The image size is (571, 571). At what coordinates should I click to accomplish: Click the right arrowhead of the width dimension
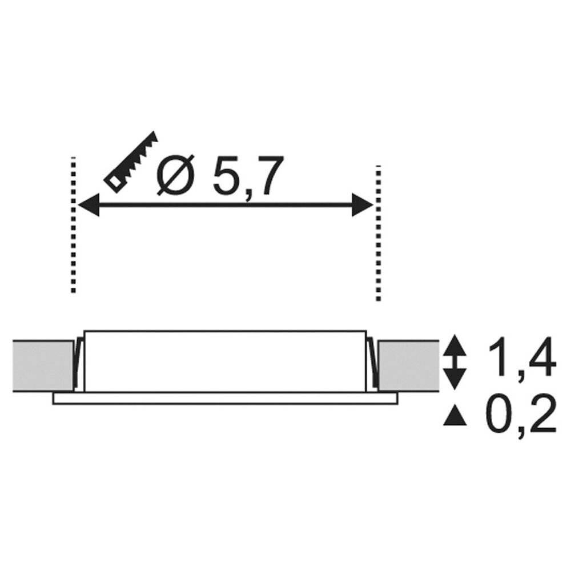[x=362, y=204]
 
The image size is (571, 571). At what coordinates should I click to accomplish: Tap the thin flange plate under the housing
[x=224, y=399]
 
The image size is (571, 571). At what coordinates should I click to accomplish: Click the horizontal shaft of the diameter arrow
[x=224, y=204]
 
